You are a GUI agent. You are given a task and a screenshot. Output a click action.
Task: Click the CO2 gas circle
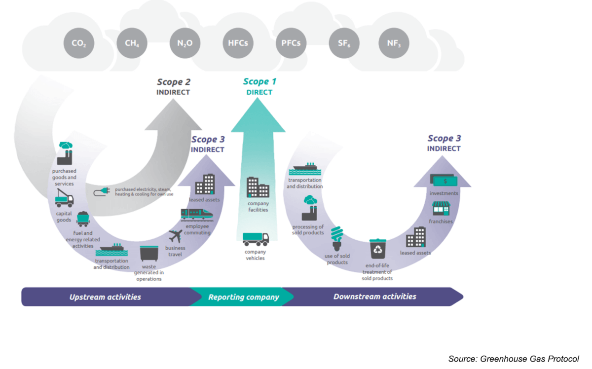tap(79, 43)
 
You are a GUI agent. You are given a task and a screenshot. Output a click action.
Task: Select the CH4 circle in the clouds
tap(132, 43)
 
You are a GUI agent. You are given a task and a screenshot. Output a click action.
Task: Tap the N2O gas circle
tap(185, 43)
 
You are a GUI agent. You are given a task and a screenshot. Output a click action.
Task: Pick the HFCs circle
tap(238, 43)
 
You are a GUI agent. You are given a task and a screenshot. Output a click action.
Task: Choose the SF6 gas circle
tap(344, 43)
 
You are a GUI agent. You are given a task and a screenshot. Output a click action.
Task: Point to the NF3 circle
tap(394, 43)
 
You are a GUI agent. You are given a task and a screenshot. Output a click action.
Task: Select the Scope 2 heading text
tap(174, 82)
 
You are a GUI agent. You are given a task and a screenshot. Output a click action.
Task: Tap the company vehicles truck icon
tap(256, 239)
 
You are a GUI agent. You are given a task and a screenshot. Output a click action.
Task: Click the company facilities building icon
tap(258, 187)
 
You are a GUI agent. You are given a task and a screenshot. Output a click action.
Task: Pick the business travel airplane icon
tap(175, 236)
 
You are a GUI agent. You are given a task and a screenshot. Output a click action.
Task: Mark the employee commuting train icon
tap(197, 214)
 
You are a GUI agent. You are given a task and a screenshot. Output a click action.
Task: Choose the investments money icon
tap(444, 181)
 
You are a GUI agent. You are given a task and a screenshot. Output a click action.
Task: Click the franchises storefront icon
tap(441, 208)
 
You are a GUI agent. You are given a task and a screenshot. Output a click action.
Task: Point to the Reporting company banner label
tap(243, 297)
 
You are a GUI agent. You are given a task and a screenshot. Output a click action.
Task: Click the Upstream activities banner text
tap(105, 297)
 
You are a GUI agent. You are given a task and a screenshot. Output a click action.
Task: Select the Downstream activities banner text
tap(374, 296)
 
